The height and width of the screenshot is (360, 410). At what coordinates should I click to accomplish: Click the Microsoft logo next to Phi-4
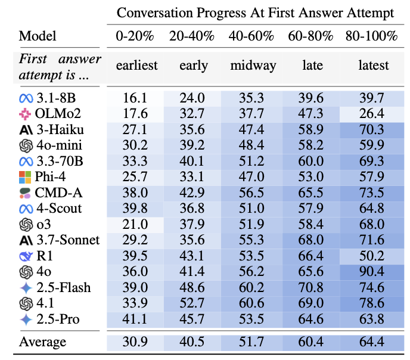pos(26,177)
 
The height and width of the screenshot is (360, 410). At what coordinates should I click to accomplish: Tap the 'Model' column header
pos(38,36)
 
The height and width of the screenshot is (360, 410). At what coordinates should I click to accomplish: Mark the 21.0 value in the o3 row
pos(134,225)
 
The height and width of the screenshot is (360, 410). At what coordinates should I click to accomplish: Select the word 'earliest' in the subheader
pos(134,66)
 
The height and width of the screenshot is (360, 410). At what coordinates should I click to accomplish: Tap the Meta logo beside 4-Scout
pos(26,209)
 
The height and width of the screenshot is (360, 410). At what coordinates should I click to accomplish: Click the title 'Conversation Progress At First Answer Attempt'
pos(254,13)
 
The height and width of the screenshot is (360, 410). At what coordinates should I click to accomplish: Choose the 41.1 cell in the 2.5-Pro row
pos(134,319)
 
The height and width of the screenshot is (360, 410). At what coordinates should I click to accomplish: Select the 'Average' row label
pos(43,343)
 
